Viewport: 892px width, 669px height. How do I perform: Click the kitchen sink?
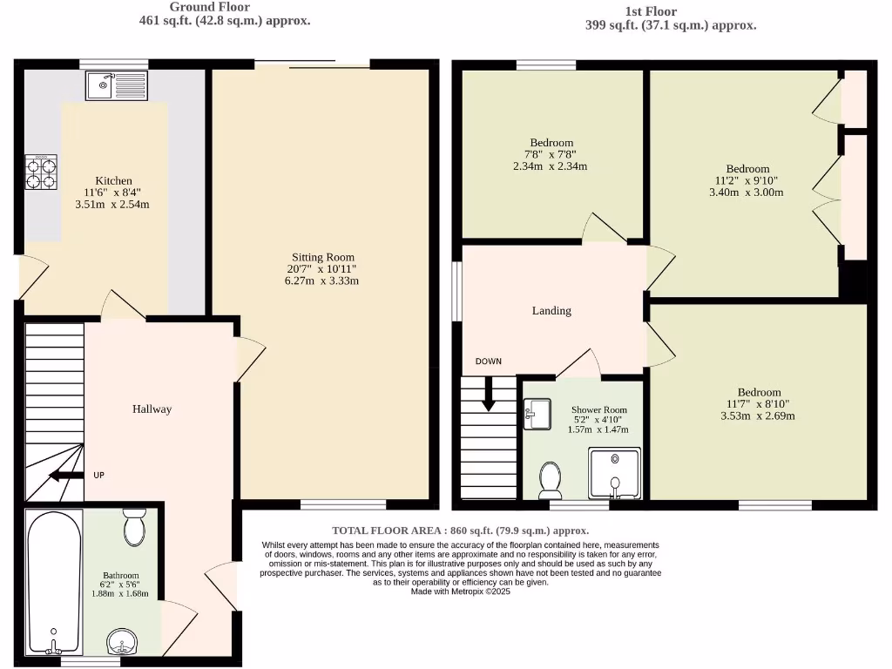click(118, 85)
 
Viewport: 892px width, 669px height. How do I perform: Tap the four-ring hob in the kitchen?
click(40, 172)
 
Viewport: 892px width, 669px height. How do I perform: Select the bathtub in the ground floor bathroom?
click(54, 582)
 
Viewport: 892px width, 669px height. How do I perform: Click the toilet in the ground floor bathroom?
click(134, 526)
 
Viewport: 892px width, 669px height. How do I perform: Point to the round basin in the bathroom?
click(124, 643)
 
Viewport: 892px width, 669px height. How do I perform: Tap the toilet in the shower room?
click(550, 479)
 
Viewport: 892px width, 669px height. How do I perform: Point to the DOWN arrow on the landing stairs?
click(489, 393)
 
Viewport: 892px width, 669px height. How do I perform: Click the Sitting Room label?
click(323, 257)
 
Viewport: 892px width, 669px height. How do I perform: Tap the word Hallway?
click(152, 409)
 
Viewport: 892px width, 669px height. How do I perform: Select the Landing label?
click(551, 310)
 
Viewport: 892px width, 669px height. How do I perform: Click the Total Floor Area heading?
click(460, 530)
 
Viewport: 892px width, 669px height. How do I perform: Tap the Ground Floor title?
click(209, 7)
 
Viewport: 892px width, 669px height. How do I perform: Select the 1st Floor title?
click(651, 11)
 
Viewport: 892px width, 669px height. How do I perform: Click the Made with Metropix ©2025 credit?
click(460, 591)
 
